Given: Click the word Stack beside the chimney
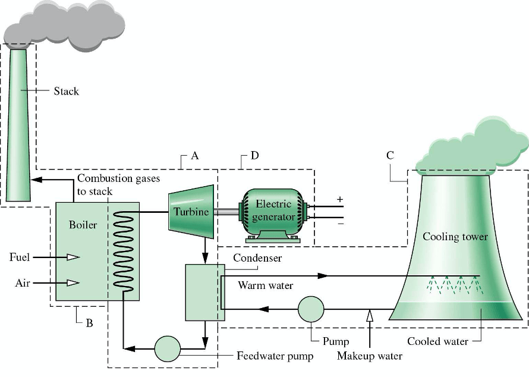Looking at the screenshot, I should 66,91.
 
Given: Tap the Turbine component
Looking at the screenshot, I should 191,211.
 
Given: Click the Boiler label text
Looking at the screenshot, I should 83,225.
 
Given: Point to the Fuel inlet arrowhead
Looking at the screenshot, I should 73,257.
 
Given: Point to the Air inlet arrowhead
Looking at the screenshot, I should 73,282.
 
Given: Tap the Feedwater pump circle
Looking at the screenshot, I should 167,349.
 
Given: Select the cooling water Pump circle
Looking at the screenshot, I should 311,309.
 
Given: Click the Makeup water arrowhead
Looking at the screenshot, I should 370,315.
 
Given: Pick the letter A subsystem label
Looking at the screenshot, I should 194,156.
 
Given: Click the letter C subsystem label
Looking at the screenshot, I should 390,156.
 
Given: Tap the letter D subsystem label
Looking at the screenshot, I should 254,156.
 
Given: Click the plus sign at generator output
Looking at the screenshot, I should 339,200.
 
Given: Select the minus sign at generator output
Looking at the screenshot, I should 339,224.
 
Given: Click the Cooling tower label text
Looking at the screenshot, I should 455,237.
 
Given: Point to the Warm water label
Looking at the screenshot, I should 266,285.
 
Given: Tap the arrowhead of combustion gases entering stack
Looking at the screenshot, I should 35,179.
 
